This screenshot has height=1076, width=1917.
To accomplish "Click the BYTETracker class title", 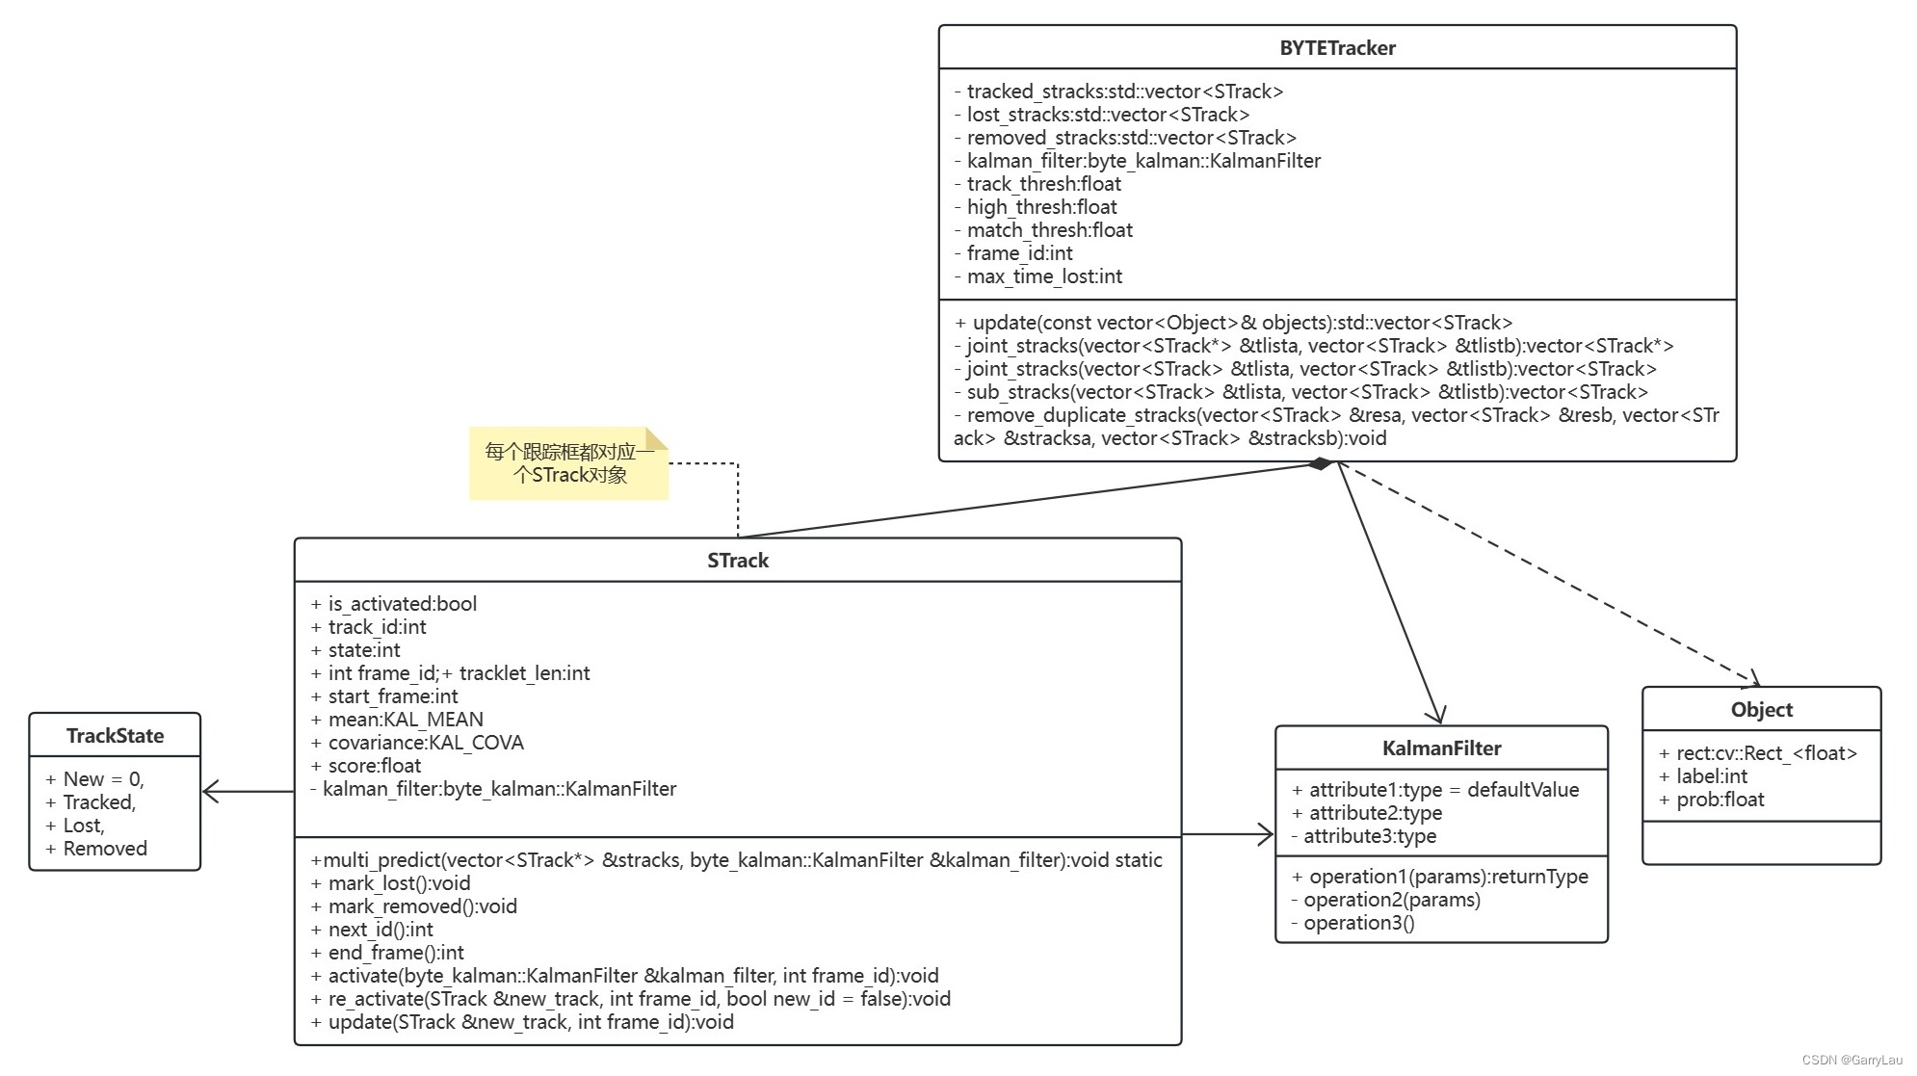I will point(1337,48).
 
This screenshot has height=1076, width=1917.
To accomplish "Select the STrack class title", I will point(738,561).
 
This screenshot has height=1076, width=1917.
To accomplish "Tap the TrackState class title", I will point(115,736).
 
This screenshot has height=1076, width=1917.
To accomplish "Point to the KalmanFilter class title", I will point(1441,748).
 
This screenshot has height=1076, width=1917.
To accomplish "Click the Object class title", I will point(1761,710).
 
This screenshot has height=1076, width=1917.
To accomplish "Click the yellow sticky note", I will point(568,463).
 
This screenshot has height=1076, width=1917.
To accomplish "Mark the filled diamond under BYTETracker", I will point(1321,464).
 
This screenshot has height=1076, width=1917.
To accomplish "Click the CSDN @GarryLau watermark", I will point(1851,1060).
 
